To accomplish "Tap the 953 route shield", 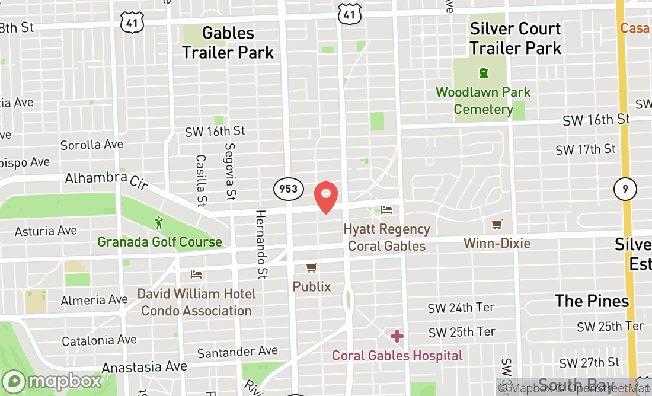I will pos(289,190).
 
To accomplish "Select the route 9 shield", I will pos(625,190).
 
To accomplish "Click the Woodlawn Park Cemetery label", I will pos(483,101).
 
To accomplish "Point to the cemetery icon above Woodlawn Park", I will pos(484,73).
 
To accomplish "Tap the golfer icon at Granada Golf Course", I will pos(159,223).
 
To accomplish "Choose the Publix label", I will pos(312,286).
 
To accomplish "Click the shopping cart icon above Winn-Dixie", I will pos(497,225).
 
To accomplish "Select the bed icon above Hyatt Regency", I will pos(386,210).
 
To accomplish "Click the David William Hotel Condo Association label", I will pos(196,302).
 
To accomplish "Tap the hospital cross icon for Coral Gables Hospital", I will pos(397,336).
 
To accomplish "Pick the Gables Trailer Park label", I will pos(228,42).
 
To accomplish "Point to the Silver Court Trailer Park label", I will pos(515,38).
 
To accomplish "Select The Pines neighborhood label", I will pos(592,301).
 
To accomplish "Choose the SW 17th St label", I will pos(586,149).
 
